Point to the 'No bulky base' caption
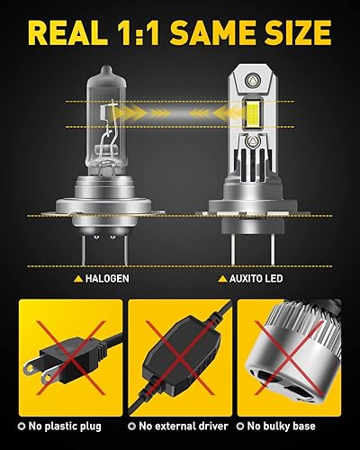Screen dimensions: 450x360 (x=301, y=426)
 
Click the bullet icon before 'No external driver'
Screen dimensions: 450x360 (x=133, y=426)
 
